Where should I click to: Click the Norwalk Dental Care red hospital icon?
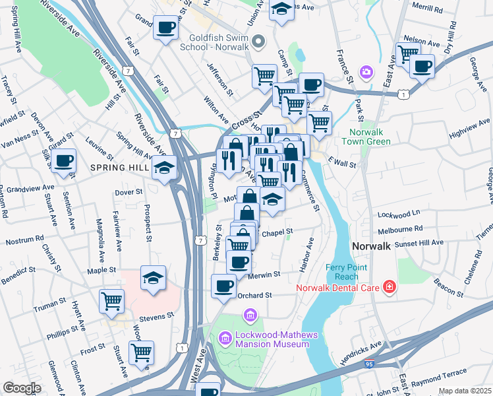(x=390, y=287)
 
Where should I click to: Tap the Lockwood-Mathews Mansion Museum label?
(x=268, y=339)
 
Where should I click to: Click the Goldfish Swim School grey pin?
(x=258, y=42)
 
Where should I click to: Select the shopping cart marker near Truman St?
(x=111, y=301)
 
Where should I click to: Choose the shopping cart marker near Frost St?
(x=140, y=352)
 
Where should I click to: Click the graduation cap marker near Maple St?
(x=153, y=277)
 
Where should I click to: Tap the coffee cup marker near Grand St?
(x=165, y=28)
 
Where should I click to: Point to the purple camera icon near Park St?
(x=365, y=71)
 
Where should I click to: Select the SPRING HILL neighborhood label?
(x=120, y=168)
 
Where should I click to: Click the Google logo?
(x=21, y=388)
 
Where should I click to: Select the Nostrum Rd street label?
(x=24, y=240)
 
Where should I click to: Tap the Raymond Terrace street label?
(x=439, y=382)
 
